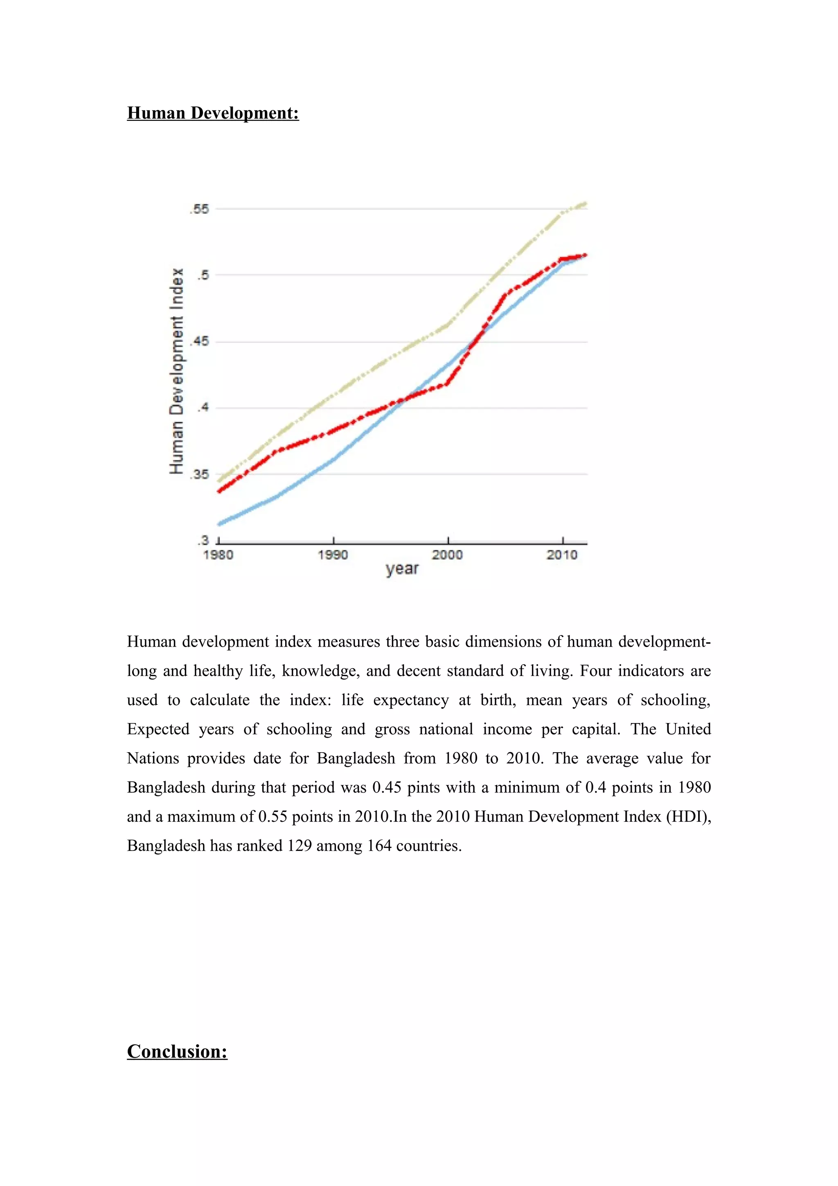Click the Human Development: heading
(213, 113)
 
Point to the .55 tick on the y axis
(199, 209)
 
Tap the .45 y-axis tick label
(199, 341)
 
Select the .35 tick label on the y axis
(199, 474)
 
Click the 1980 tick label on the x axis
(218, 555)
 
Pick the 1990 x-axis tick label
(333, 555)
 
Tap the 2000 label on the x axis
(447, 555)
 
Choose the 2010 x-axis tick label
(562, 555)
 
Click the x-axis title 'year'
(402, 569)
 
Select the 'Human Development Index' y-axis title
(177, 371)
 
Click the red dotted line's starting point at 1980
(219, 491)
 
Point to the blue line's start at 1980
(219, 524)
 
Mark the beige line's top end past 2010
(586, 203)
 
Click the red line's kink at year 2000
(447, 384)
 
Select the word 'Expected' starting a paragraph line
(158, 729)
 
